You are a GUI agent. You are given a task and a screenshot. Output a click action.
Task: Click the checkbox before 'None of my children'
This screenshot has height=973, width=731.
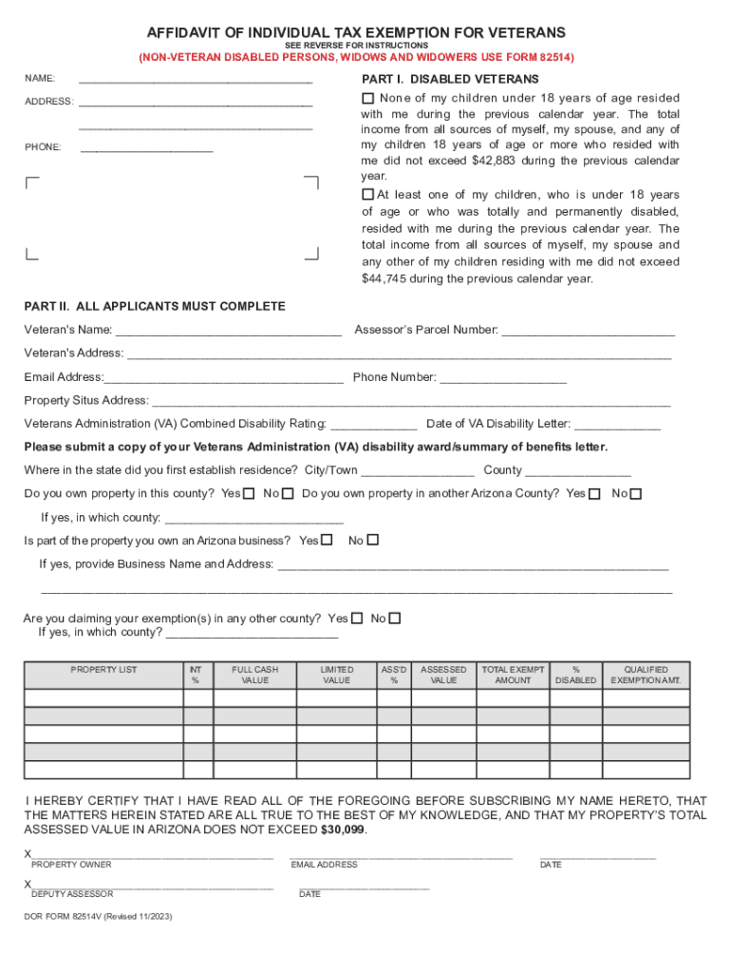[x=368, y=99]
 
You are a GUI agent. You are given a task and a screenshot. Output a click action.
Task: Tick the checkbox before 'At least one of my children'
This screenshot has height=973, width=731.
[x=368, y=195]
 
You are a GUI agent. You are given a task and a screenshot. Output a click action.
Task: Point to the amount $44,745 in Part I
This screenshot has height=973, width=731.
[x=384, y=279]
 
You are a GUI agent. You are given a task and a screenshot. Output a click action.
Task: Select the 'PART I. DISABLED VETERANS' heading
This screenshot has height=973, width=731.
[x=450, y=79]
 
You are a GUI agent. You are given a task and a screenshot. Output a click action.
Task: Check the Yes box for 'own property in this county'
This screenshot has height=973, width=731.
[x=249, y=494]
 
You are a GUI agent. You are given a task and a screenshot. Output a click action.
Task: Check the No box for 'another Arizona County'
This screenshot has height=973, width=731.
[x=636, y=494]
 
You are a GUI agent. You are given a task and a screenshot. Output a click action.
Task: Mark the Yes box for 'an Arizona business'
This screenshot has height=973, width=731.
[x=327, y=541]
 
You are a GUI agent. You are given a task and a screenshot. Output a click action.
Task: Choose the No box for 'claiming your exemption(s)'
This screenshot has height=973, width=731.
[x=395, y=619]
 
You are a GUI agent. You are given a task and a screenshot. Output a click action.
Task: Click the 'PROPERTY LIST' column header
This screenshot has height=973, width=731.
[x=103, y=670]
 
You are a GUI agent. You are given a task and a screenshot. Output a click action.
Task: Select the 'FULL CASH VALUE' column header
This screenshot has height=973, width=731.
[x=254, y=675]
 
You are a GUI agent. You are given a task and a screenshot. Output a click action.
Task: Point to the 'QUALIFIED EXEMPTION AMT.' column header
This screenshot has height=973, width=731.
[x=646, y=675]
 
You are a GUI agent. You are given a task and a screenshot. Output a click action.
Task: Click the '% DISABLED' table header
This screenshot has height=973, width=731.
[x=575, y=675]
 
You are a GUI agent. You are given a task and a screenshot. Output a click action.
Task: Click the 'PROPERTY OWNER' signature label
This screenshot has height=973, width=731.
[x=71, y=865]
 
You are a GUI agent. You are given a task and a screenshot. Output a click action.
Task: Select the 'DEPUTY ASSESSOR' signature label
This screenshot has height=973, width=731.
[x=72, y=894]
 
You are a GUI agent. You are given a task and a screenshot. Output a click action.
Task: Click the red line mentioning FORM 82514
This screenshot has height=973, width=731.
[x=357, y=58]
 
